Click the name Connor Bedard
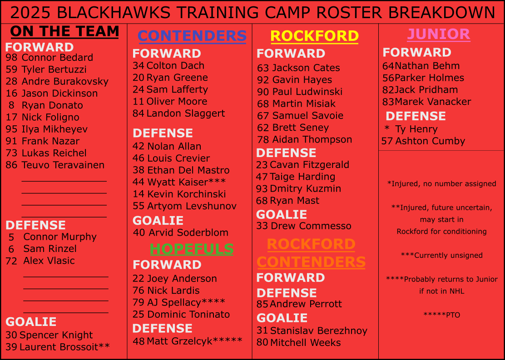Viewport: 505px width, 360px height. pyautogui.click(x=57, y=58)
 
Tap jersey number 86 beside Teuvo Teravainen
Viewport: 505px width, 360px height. pyautogui.click(x=11, y=165)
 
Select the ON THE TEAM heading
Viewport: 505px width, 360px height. pyautogui.click(x=64, y=31)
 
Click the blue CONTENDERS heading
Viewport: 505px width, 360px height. pyautogui.click(x=192, y=36)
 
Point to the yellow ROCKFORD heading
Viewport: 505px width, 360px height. pyautogui.click(x=314, y=36)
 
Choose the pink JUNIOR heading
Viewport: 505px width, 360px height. pyautogui.click(x=438, y=34)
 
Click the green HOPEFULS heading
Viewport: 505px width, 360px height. pyautogui.click(x=192, y=249)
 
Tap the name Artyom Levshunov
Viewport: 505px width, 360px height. pyautogui.click(x=192, y=206)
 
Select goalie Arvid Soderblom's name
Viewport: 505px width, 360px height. pyautogui.click(x=188, y=232)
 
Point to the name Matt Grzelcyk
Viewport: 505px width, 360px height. pyautogui.click(x=180, y=341)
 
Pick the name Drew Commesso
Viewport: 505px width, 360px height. pyautogui.click(x=311, y=226)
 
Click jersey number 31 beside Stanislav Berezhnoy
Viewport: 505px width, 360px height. pyautogui.click(x=262, y=331)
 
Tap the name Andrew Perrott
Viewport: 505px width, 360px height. pyautogui.click(x=306, y=304)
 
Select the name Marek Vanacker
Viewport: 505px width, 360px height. pyautogui.click(x=433, y=102)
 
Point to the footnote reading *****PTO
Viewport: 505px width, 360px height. pyautogui.click(x=441, y=315)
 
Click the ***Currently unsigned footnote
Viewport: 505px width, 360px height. pyautogui.click(x=441, y=255)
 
